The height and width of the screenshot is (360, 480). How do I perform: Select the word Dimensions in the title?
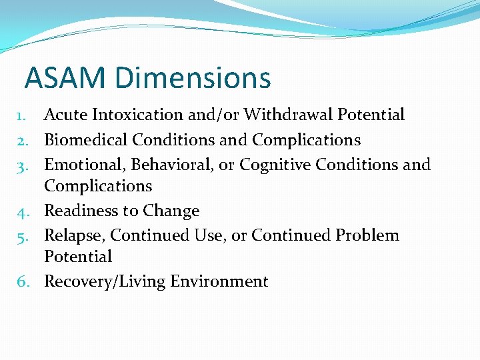(193, 77)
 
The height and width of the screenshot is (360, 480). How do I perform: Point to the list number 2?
(21, 141)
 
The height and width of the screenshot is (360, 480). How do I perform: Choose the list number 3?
(21, 165)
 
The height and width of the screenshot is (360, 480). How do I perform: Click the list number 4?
(21, 211)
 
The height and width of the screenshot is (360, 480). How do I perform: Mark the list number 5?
(21, 236)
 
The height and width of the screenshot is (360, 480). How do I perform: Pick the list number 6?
(21, 282)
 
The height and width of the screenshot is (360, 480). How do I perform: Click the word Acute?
(66, 115)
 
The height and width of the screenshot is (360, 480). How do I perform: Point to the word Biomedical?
(86, 140)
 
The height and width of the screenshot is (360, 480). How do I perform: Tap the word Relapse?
(73, 235)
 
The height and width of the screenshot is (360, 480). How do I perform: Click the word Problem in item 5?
(367, 235)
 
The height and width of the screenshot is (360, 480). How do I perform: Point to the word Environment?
(219, 281)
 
